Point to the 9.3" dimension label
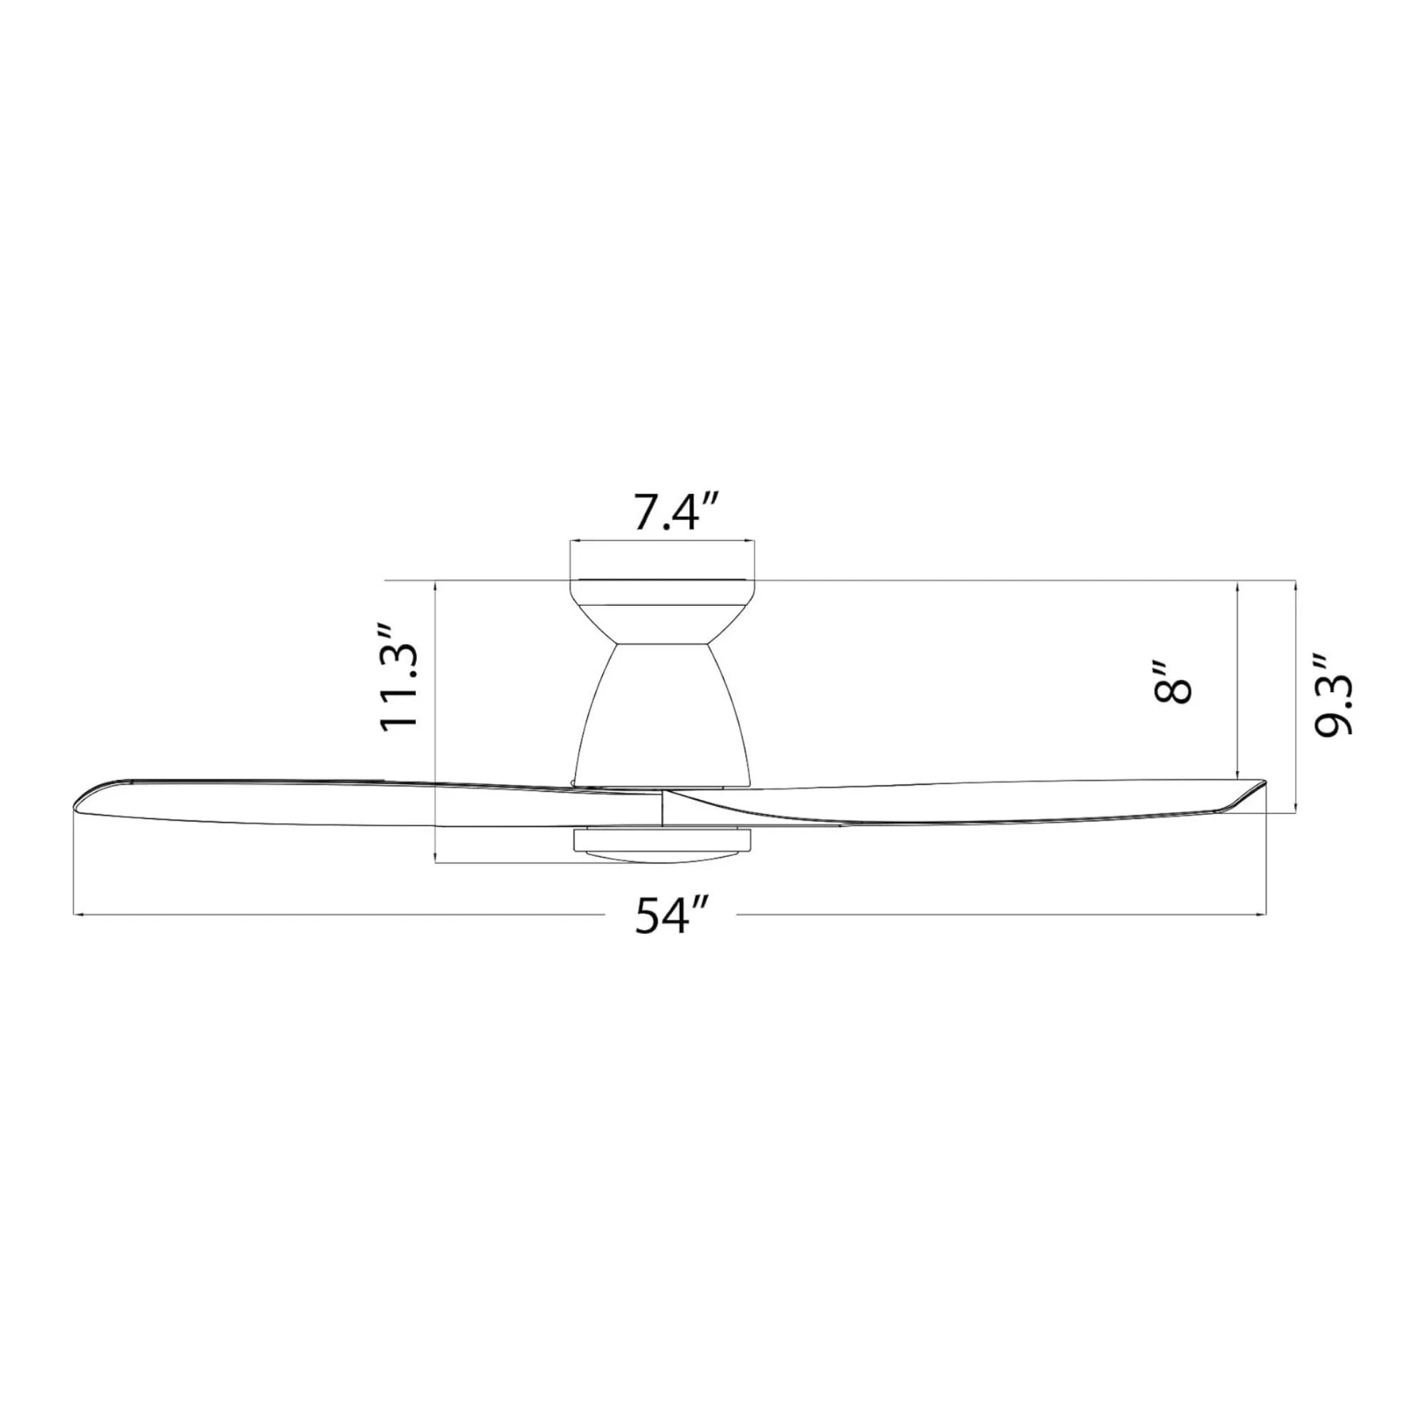(1334, 694)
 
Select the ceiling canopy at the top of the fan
(663, 593)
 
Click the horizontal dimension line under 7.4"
(663, 542)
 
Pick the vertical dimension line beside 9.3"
(1296, 694)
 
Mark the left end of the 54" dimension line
(76, 915)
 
